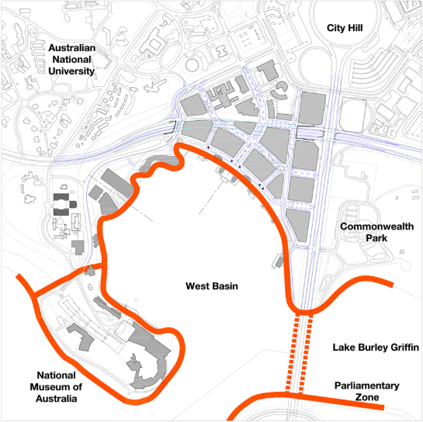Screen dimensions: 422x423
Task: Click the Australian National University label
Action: click(71, 59)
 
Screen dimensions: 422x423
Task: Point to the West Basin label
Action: click(211, 286)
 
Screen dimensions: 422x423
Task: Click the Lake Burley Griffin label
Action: click(376, 347)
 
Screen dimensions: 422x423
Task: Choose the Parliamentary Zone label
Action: click(367, 392)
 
